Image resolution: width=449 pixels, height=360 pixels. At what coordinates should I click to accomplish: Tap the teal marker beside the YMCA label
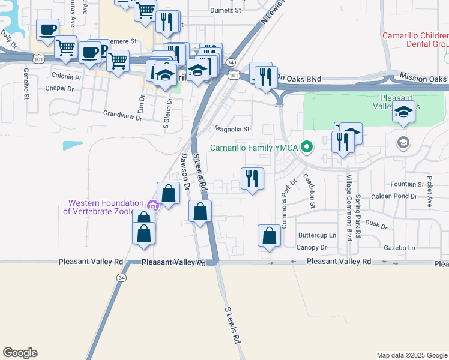(307, 146)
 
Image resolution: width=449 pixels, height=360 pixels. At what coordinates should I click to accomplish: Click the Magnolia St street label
(232, 129)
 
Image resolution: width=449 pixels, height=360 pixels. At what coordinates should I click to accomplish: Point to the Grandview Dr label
(122, 113)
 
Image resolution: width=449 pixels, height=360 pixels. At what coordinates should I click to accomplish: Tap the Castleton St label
(309, 191)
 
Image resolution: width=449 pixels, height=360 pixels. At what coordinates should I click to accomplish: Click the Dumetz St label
(225, 10)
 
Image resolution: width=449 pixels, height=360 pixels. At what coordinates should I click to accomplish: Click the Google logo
(20, 352)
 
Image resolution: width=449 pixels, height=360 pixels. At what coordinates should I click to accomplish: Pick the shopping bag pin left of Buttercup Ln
(269, 236)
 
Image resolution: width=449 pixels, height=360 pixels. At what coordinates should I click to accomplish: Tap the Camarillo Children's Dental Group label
(415, 40)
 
